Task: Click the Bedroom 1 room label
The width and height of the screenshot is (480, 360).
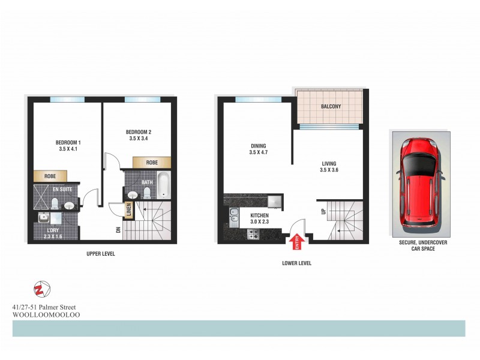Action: (68, 142)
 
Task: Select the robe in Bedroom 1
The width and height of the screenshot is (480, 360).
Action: (50, 176)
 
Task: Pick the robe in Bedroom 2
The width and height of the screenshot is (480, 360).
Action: (151, 162)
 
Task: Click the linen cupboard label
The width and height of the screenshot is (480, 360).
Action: (128, 211)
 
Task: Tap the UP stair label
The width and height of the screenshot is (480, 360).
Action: (323, 211)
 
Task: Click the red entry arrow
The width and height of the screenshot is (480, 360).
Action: (296, 242)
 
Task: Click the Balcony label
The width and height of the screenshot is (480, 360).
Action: (331, 106)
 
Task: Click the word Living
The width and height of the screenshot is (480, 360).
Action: (328, 163)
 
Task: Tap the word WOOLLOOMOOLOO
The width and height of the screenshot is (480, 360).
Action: (46, 314)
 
